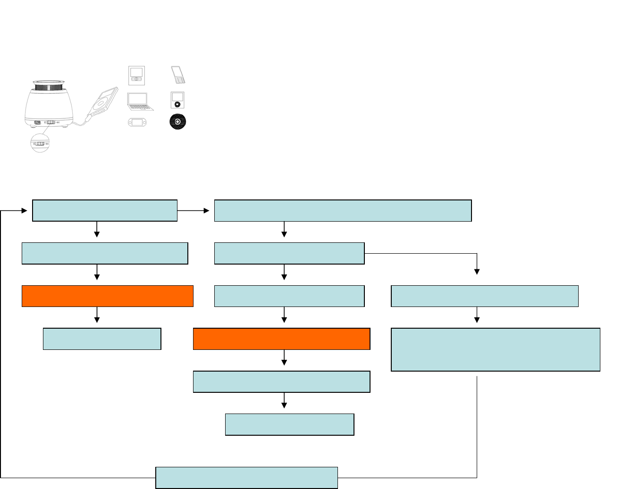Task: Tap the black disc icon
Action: click(177, 122)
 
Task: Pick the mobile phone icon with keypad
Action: click(178, 75)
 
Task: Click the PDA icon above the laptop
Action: click(136, 75)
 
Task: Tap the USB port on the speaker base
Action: click(37, 123)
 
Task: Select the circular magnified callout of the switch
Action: click(40, 143)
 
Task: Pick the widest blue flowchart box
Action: click(343, 211)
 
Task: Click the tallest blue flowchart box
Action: click(496, 350)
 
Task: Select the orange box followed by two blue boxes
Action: click(281, 339)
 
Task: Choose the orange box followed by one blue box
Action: click(108, 296)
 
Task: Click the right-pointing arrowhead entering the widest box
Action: click(206, 211)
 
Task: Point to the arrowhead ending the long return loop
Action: click(25, 211)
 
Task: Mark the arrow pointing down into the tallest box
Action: click(477, 320)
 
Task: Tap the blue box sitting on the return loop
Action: click(246, 478)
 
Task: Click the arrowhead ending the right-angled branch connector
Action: click(477, 271)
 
